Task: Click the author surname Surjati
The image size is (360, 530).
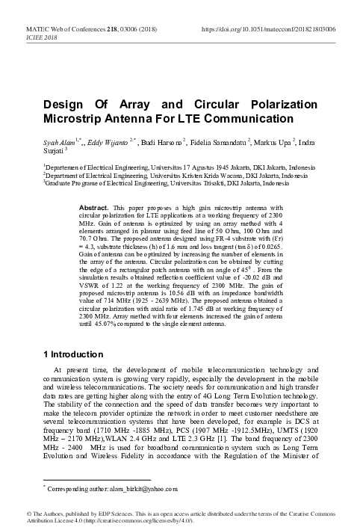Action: (x=55, y=152)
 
